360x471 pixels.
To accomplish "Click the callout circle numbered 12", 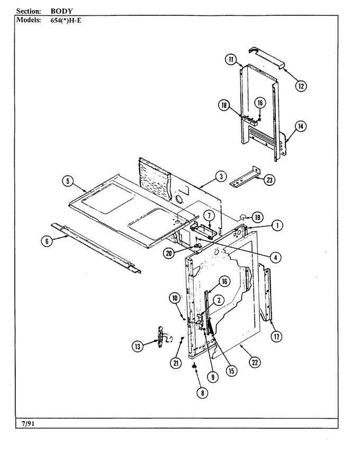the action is [x=301, y=86].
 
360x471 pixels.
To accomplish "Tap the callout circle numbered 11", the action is [x=231, y=59].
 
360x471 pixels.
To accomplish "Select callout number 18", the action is [x=224, y=105].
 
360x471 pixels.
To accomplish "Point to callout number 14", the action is [x=301, y=126].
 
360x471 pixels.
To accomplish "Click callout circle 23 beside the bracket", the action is [x=269, y=180].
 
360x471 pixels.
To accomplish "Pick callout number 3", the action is [x=221, y=176].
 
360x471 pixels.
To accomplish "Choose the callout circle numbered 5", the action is [x=68, y=181].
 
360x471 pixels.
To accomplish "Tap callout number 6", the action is [x=47, y=241].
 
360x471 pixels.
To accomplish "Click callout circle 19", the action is [x=257, y=217].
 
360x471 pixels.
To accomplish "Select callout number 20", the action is [x=169, y=253].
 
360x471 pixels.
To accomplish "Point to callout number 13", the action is [x=138, y=347].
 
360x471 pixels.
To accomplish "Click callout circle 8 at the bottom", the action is [x=203, y=393].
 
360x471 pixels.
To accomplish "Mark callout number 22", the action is [x=255, y=363].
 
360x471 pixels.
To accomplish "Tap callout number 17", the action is [x=276, y=337].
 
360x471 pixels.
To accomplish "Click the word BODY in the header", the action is [x=61, y=11].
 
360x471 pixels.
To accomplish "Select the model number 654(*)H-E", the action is [x=66, y=21].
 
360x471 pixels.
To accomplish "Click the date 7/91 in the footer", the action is [x=28, y=424].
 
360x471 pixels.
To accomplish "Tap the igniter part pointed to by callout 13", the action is [x=160, y=337].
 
